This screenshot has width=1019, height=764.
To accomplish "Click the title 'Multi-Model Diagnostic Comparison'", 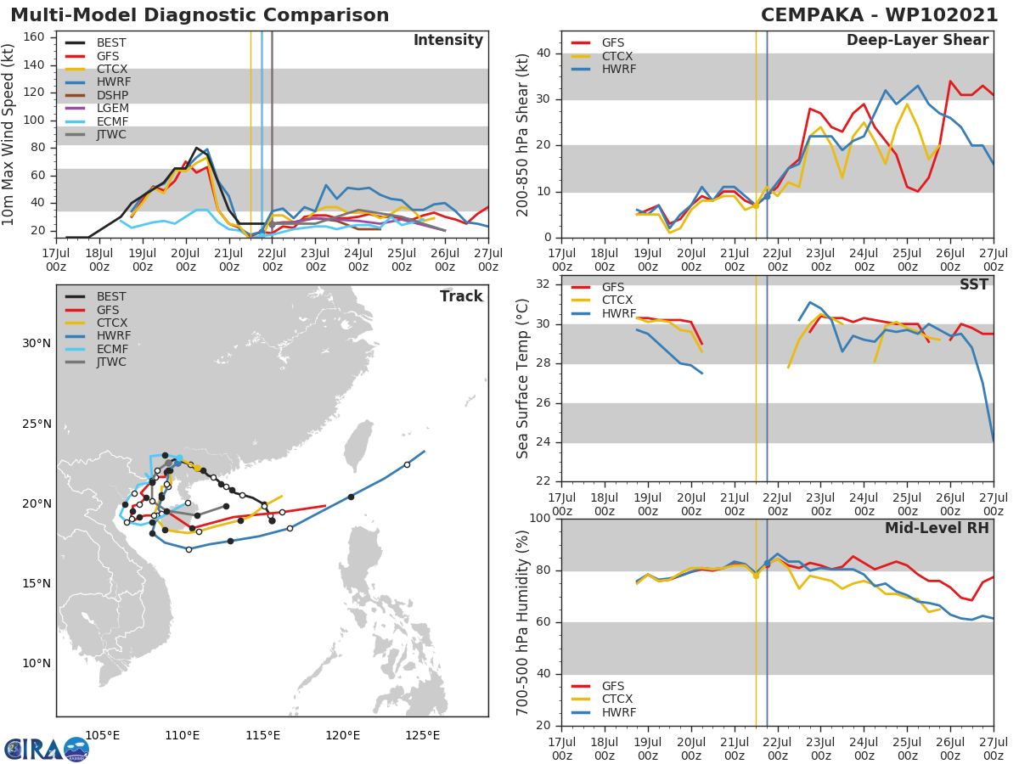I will click(x=200, y=15).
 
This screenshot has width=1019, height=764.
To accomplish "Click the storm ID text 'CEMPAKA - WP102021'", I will click(x=881, y=15).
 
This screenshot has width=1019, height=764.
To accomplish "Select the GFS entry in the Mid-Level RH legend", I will click(x=613, y=686).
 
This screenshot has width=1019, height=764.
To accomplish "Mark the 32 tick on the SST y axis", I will click(x=543, y=284).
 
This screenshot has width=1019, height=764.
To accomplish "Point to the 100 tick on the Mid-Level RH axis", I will click(x=540, y=519).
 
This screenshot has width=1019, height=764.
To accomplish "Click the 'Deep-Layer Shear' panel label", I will click(x=917, y=41).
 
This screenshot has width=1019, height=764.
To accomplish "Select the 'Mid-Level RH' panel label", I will click(x=937, y=528).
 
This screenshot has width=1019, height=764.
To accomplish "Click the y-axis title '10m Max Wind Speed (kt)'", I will click(x=9, y=136).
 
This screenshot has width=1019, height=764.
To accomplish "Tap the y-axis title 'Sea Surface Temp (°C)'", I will click(x=523, y=379).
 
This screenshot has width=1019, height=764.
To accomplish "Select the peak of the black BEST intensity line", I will click(x=196, y=148).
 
